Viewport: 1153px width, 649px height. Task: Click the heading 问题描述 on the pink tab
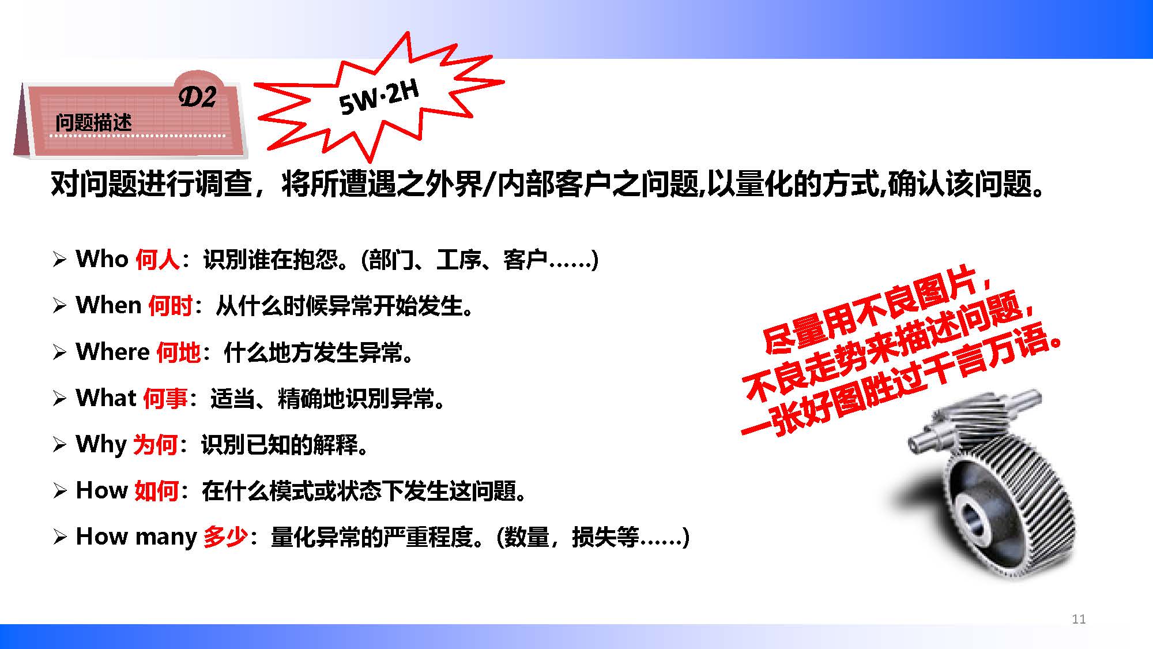pos(93,122)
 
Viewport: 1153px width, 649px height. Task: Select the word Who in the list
pos(102,259)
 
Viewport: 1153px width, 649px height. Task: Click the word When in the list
pos(109,305)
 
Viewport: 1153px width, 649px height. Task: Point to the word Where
pos(113,351)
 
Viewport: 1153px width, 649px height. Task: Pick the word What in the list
pos(106,397)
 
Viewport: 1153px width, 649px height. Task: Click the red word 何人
pos(158,260)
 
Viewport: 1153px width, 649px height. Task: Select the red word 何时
pos(171,306)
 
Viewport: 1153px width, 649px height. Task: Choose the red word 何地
pos(179,352)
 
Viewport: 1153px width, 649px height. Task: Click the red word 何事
pos(165,398)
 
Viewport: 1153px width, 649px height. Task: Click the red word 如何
pos(156,490)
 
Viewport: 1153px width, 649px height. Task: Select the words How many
pos(137,537)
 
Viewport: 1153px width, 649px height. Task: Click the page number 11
pos(1079,619)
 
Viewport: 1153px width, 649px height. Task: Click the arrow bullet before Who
pos(59,260)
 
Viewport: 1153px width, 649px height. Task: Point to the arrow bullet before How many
pos(59,537)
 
